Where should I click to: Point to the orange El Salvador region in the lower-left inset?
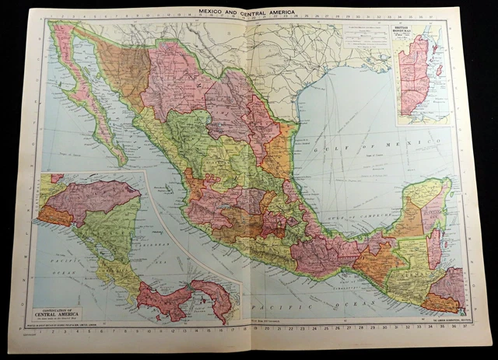click(x=54, y=215)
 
